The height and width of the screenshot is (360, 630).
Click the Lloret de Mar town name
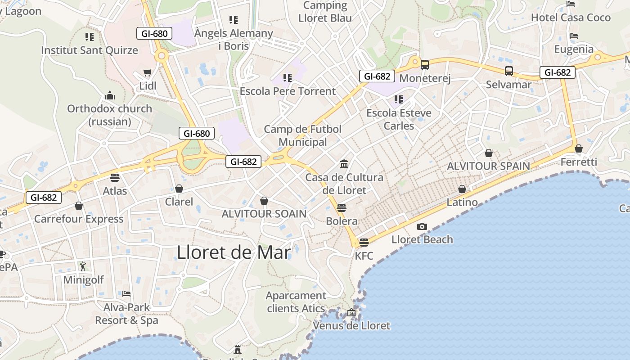tap(234, 252)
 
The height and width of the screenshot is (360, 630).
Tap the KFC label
tap(364, 256)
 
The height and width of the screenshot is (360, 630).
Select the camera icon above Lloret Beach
tap(422, 226)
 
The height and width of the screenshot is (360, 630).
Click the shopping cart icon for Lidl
tap(147, 73)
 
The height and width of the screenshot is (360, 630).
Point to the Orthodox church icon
tap(109, 95)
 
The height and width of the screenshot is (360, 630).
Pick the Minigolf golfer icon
tap(83, 266)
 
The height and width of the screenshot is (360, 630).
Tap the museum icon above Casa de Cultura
tap(344, 164)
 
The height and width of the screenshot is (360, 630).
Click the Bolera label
tap(342, 221)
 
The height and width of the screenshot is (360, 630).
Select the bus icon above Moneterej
tap(424, 65)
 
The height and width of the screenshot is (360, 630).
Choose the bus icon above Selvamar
tap(508, 71)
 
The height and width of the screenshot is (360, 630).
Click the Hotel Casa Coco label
tap(571, 18)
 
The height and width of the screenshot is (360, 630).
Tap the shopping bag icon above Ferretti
tap(579, 148)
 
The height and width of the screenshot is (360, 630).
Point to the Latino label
tap(462, 202)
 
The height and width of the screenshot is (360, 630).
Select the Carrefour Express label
tap(79, 219)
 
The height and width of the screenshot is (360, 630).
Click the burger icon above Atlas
tap(115, 177)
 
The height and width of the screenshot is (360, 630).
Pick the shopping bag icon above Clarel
tap(179, 188)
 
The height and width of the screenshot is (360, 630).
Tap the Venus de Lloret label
tap(351, 325)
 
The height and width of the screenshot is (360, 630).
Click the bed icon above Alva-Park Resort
tap(126, 294)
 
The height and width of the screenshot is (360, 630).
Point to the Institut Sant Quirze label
tap(90, 50)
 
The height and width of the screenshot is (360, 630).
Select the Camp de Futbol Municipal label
tap(302, 135)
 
